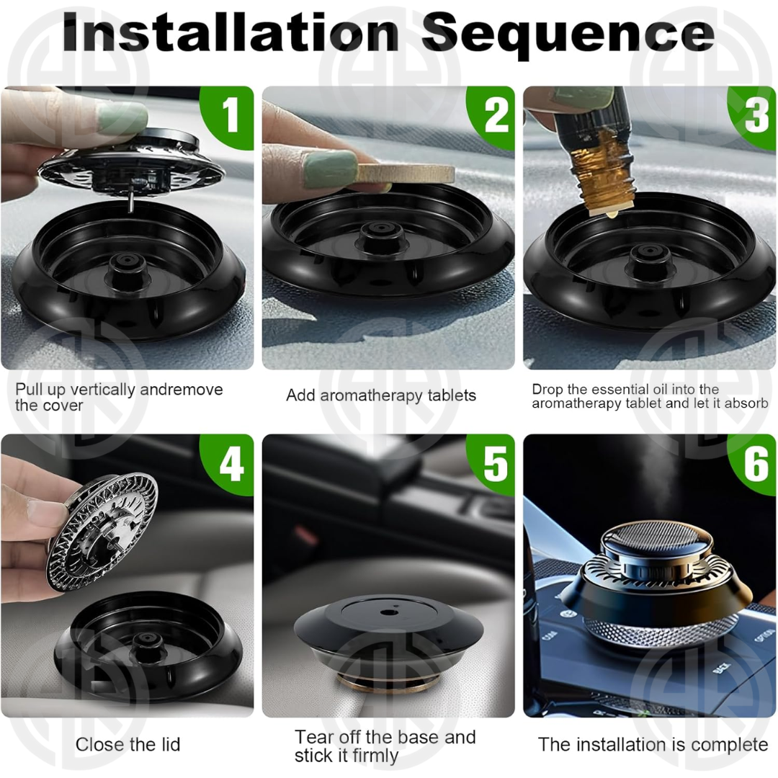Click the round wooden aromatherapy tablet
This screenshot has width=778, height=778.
coord(404,174)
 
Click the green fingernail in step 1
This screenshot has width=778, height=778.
coord(121,117)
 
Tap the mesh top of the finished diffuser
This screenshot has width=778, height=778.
coord(656,539)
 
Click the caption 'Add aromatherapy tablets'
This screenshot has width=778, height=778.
coord(381,395)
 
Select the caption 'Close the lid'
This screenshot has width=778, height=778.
coord(128,744)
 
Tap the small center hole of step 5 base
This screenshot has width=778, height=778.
coord(385,612)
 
